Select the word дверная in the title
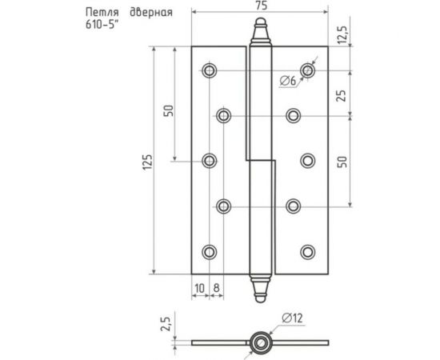(x=150, y=14)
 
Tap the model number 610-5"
(x=103, y=26)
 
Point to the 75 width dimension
(x=259, y=7)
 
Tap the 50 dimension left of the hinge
(x=169, y=110)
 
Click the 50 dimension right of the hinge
(x=342, y=161)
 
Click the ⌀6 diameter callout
(x=289, y=80)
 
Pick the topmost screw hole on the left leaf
(x=209, y=70)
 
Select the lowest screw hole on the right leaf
(x=307, y=251)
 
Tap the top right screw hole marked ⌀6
(x=307, y=70)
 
